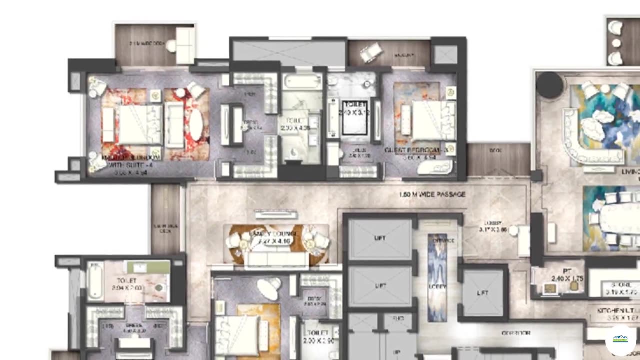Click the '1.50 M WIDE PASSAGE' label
[x=432, y=194]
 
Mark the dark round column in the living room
[x=549, y=85]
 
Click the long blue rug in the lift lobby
[x=437, y=277]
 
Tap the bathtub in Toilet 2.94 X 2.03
[x=95, y=281]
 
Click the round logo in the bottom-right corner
[x=620, y=339]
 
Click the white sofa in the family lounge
[x=275, y=259]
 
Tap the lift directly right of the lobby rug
[x=482, y=293]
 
